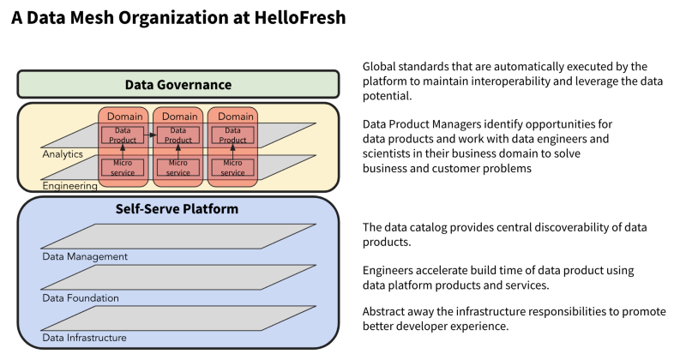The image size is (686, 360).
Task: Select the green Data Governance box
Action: click(178, 84)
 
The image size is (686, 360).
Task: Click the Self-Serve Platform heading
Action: click(178, 209)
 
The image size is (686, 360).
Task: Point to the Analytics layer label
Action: click(63, 154)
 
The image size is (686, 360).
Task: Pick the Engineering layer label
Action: click(69, 185)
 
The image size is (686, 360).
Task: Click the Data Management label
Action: click(85, 256)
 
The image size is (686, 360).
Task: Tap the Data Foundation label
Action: click(81, 297)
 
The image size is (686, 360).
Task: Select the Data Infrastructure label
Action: click(85, 338)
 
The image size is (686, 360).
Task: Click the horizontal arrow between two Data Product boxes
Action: click(151, 135)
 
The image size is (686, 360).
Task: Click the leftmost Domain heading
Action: click(124, 116)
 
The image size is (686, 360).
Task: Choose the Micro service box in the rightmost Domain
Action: click(232, 167)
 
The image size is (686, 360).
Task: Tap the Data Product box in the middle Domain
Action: click(178, 135)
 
